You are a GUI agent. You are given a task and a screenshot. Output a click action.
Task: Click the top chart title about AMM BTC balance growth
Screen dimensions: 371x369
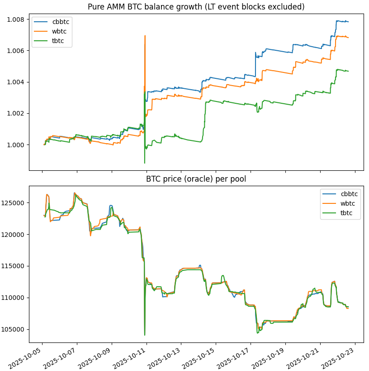point(196,7)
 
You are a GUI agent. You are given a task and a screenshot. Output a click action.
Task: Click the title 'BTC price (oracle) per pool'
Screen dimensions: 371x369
point(196,179)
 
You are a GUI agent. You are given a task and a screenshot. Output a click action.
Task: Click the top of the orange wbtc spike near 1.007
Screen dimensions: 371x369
point(145,35)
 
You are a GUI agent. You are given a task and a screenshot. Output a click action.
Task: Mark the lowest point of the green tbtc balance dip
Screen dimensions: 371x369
point(144,163)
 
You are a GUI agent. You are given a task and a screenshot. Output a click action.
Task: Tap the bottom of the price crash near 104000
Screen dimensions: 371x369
point(145,335)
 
